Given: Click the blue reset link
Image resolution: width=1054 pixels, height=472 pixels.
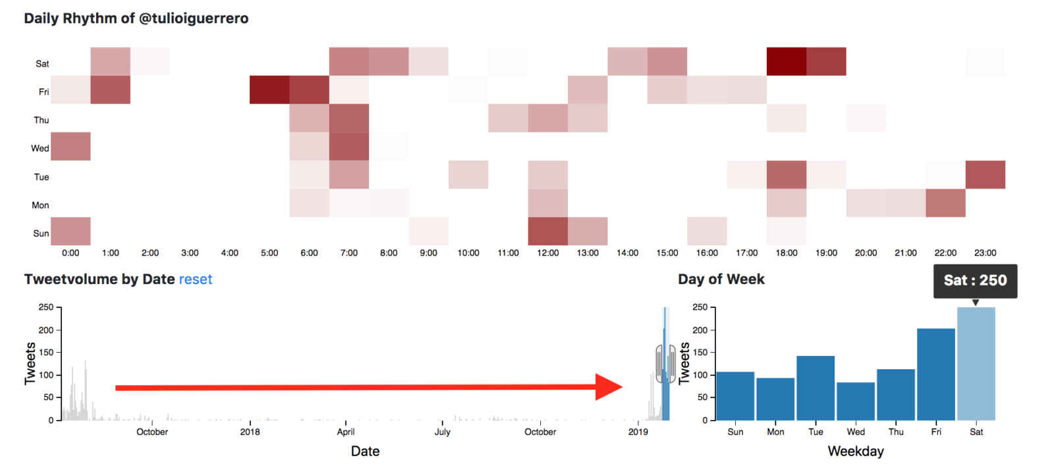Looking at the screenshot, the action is tap(196, 280).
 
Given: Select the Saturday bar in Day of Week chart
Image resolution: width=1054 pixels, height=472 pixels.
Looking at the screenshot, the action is tap(976, 364).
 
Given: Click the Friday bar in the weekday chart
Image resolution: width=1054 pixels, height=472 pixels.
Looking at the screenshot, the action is tap(936, 374).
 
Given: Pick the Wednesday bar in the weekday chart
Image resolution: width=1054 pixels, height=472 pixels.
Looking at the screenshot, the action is tap(856, 401).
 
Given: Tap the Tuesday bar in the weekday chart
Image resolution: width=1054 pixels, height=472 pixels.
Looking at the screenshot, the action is tap(816, 388).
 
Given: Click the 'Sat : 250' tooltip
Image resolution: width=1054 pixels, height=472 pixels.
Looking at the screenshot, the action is tap(976, 281).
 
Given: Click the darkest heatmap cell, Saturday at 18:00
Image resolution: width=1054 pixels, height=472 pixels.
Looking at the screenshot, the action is tap(787, 61).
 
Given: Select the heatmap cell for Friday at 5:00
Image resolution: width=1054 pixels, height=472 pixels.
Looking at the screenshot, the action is tap(269, 90).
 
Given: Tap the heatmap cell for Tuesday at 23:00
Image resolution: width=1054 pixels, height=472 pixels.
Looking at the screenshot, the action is tap(985, 175).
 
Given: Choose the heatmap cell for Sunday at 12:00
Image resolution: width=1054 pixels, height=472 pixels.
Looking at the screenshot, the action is tap(547, 231).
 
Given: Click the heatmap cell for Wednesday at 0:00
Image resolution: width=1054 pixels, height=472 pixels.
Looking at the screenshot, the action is tap(70, 146).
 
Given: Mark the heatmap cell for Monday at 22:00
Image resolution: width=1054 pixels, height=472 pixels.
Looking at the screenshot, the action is tap(945, 203).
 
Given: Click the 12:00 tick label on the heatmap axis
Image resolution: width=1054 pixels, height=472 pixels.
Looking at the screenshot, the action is tap(547, 253).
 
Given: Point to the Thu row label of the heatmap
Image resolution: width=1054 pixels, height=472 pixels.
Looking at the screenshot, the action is tap(42, 120).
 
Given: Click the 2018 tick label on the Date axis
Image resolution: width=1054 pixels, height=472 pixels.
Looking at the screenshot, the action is tap(250, 432).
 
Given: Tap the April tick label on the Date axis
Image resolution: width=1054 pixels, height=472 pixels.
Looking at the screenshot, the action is tap(346, 432).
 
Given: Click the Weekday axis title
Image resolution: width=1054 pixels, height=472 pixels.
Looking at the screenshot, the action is tap(856, 452).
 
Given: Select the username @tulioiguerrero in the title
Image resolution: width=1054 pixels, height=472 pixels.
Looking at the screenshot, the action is tap(194, 18).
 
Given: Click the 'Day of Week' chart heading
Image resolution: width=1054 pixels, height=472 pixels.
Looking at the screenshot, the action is tap(721, 280).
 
